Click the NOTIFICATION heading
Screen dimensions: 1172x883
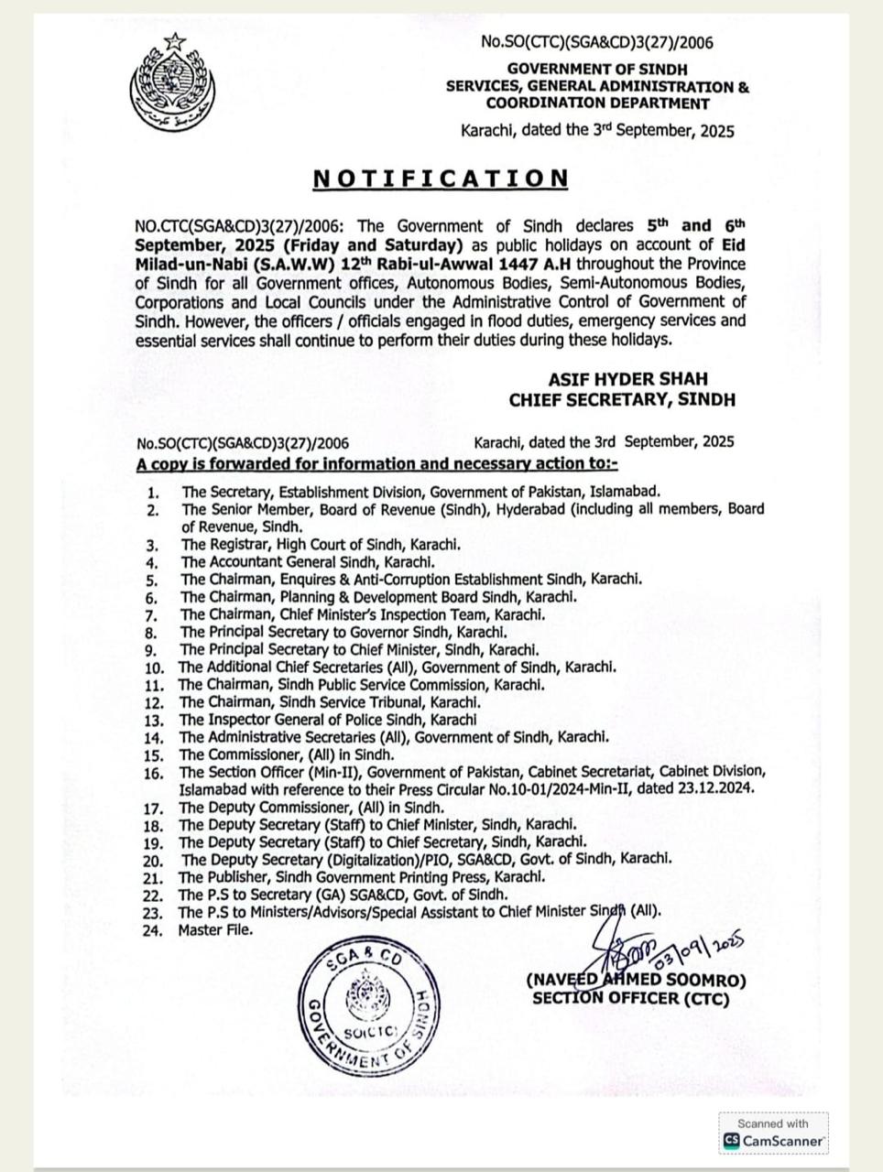pos(441,178)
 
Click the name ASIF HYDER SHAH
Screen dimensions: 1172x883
pos(627,379)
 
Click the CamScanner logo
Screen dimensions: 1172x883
pos(774,1141)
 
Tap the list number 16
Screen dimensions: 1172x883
pos(153,773)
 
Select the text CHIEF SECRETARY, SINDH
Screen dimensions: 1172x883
pos(622,399)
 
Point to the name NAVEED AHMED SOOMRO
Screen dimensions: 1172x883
pos(637,981)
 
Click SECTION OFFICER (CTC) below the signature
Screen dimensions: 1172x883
pos(631,998)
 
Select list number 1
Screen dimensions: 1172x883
pos(153,493)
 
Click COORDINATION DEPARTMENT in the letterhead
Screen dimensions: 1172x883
pos(597,103)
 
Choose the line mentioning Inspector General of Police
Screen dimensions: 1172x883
pos(328,720)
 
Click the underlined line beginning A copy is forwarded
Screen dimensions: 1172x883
pos(377,463)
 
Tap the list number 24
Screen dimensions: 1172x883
pos(153,931)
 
